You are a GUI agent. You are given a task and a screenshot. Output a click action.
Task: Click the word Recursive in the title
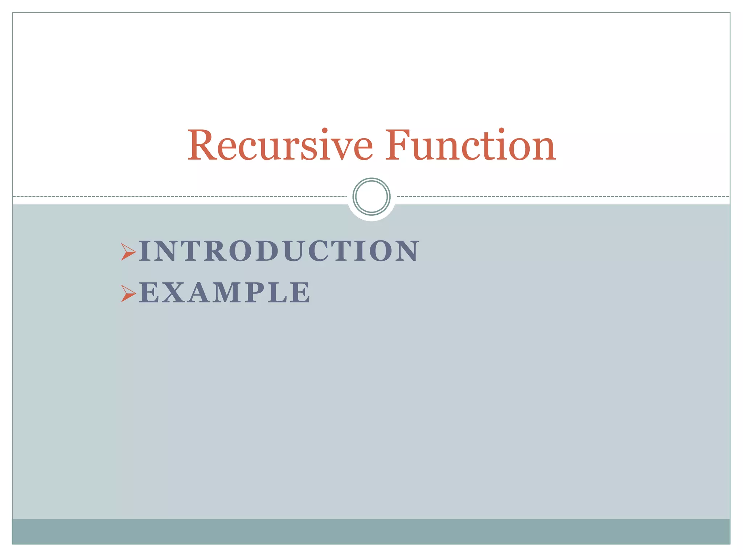[280, 146]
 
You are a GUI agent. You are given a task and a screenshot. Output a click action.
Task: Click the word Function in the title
[470, 146]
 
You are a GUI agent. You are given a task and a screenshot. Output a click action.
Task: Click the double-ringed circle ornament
[371, 197]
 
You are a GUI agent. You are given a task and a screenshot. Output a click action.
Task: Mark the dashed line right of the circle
[562, 197]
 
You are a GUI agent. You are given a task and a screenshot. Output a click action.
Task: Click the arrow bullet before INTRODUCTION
[128, 252]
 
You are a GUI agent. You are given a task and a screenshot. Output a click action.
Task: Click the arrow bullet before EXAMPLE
[128, 293]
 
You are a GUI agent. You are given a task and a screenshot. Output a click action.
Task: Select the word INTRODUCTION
[279, 251]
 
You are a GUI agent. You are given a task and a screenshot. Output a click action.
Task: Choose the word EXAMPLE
[225, 292]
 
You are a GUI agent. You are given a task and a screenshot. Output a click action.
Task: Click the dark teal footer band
[371, 531]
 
